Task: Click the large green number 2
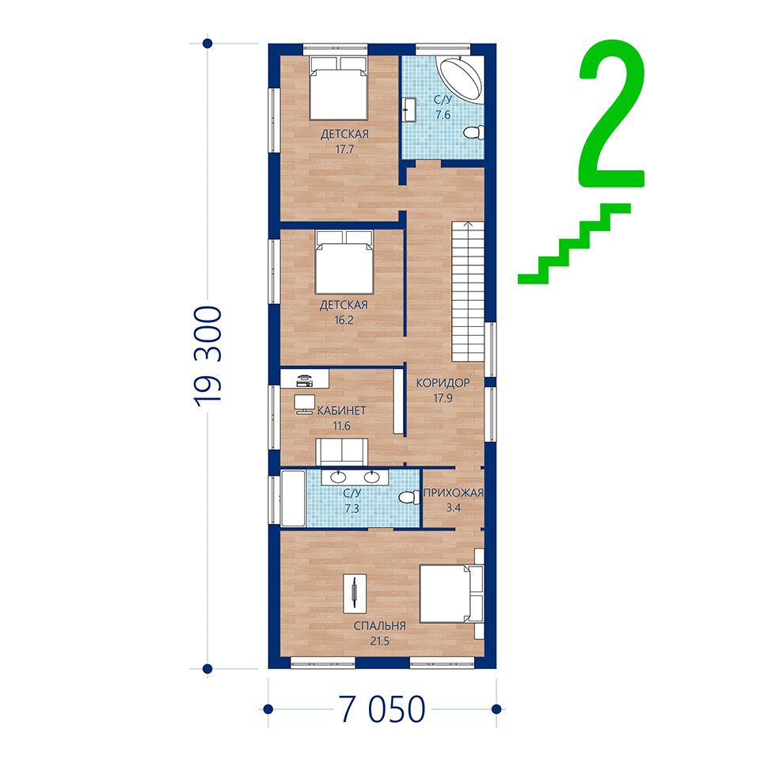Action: [x=612, y=114]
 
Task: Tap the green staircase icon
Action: [x=575, y=243]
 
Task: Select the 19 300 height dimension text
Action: [x=208, y=355]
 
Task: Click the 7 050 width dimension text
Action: [x=382, y=709]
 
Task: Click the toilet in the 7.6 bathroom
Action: [x=473, y=132]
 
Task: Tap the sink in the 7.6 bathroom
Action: [x=409, y=109]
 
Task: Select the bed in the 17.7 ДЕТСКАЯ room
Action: [x=339, y=88]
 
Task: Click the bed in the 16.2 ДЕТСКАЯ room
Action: [x=344, y=262]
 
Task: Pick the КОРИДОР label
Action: [x=443, y=383]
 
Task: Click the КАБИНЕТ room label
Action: [x=342, y=411]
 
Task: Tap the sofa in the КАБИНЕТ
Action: [x=342, y=451]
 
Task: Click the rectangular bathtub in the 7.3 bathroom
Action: [x=293, y=498]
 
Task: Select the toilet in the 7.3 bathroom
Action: [x=409, y=498]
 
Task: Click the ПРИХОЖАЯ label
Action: [x=454, y=493]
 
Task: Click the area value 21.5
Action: [x=379, y=641]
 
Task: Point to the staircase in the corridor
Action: [x=468, y=291]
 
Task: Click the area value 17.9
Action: [x=443, y=398]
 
